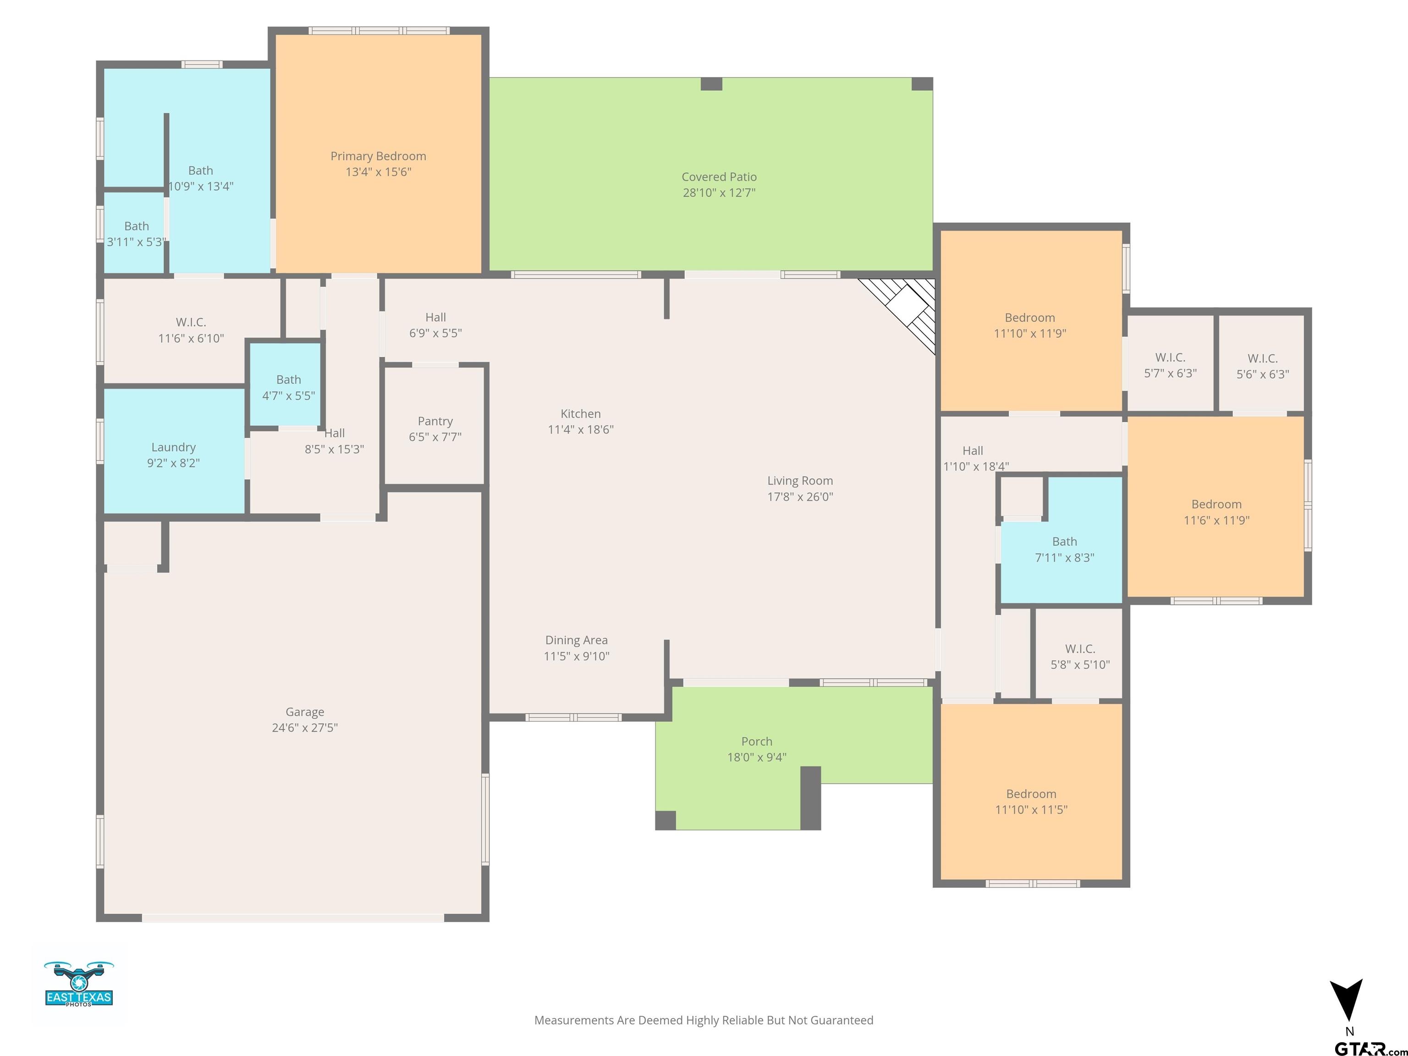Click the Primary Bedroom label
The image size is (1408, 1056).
[x=378, y=156]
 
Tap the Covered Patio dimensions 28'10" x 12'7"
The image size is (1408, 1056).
[x=719, y=192]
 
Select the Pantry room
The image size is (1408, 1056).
[x=435, y=426]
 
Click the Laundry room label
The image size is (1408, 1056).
[x=173, y=447]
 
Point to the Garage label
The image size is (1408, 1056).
[x=305, y=712]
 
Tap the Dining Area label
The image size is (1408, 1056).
[x=576, y=640]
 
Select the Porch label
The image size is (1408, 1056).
[x=757, y=741]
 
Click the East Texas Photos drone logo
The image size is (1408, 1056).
[x=79, y=984]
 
